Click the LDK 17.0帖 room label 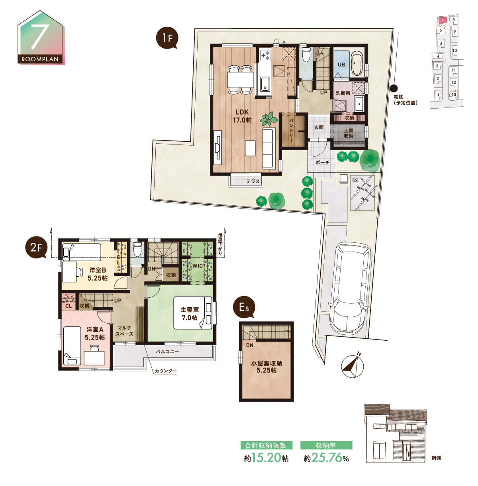pyautogui.click(x=242, y=116)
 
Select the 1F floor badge pyautogui.click(x=167, y=38)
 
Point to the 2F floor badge pyautogui.click(x=37, y=248)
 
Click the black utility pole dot pyautogui.click(x=394, y=88)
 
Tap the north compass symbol pyautogui.click(x=353, y=365)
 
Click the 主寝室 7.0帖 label pyautogui.click(x=189, y=314)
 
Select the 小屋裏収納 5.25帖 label pyautogui.click(x=266, y=367)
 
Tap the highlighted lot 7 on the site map pyautogui.click(x=442, y=20)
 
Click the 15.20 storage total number pyautogui.click(x=266, y=457)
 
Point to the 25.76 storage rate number pyautogui.click(x=327, y=457)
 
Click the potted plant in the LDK pyautogui.click(x=268, y=119)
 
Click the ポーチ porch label pyautogui.click(x=323, y=162)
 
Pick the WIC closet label pyautogui.click(x=198, y=266)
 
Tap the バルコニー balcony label pyautogui.click(x=167, y=351)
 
